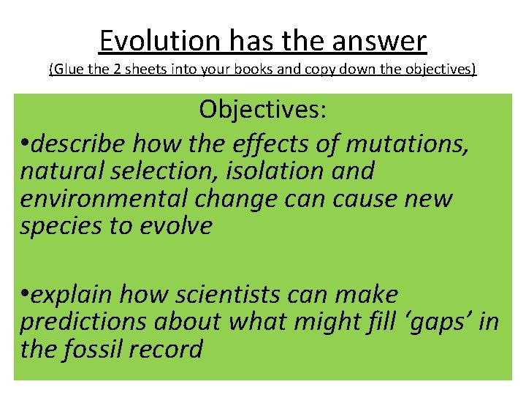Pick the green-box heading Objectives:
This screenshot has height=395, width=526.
(263, 110)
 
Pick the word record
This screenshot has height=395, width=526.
(167, 350)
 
